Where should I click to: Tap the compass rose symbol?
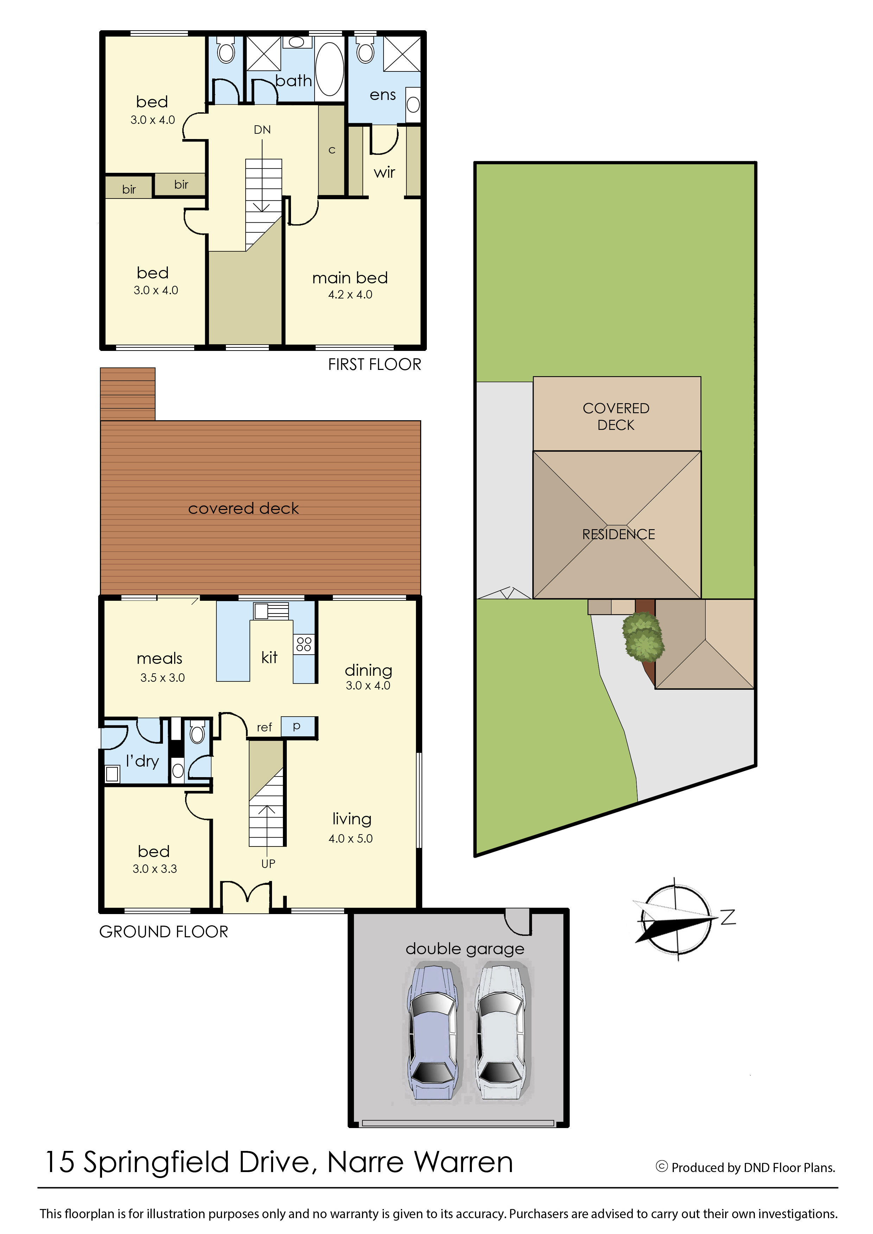coord(676,919)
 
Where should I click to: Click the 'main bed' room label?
coord(350,278)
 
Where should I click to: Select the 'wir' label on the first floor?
coord(384,172)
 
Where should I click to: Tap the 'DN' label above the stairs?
coord(262,130)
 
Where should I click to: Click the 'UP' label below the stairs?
coord(268,863)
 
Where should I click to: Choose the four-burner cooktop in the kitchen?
coord(304,644)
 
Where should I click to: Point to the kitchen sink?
coord(271,611)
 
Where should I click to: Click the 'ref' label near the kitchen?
coord(264,728)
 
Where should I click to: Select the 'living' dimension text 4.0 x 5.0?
coord(350,838)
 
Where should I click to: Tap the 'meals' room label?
coord(160,658)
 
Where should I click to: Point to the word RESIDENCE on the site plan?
coord(618,534)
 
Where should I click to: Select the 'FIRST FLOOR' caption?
coord(375,365)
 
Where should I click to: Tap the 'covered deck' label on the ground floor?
coord(243,508)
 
